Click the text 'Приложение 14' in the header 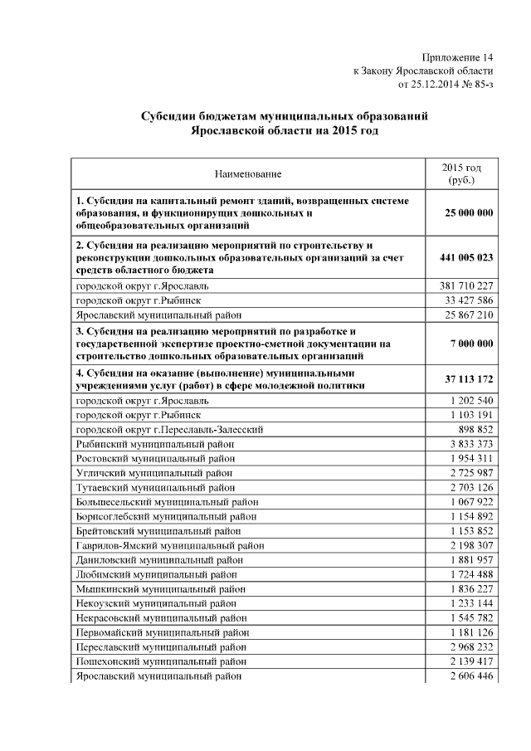[457, 57]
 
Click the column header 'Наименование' [247, 174]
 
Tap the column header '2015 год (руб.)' [460, 173]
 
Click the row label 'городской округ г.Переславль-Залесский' [169, 430]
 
